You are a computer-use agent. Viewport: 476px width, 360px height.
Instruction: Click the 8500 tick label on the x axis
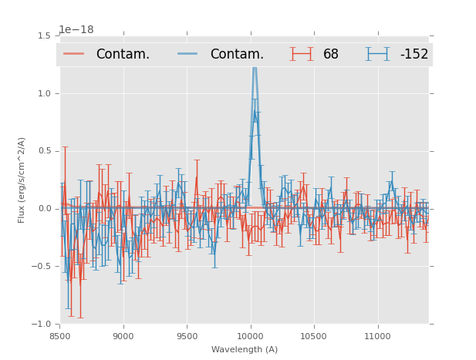(x=60, y=336)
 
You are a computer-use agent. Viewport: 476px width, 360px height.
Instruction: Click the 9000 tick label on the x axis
(x=123, y=336)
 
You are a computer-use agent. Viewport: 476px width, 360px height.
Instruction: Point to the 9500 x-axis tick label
(x=187, y=336)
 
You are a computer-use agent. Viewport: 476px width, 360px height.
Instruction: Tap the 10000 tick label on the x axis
(x=250, y=336)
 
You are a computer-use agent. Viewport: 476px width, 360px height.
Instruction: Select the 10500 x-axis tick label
(x=314, y=336)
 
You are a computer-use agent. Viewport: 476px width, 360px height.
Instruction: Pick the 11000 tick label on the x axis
(x=377, y=336)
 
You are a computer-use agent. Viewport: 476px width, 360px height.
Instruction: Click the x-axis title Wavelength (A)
(x=245, y=350)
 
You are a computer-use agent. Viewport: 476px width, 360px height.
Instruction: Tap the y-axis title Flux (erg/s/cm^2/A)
(x=22, y=180)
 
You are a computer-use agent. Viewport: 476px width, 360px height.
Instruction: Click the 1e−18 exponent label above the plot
(x=76, y=30)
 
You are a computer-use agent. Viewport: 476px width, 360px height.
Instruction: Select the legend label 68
(x=331, y=54)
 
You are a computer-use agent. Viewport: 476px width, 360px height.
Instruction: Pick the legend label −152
(x=414, y=54)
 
